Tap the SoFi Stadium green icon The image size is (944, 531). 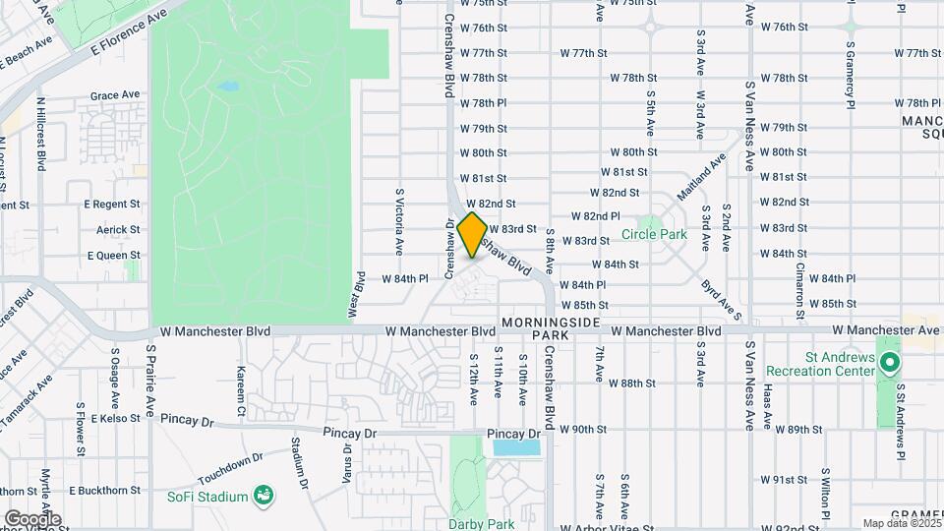point(263,494)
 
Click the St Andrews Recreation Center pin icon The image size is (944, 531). point(889,363)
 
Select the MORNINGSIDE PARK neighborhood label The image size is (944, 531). point(535,328)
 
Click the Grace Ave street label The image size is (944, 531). point(115,96)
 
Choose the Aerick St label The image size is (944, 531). point(119,229)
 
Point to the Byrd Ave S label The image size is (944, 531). point(721,296)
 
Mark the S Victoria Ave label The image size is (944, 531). point(399,221)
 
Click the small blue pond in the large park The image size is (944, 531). point(228,87)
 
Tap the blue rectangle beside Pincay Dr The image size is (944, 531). point(517,447)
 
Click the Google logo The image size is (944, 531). point(32,518)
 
